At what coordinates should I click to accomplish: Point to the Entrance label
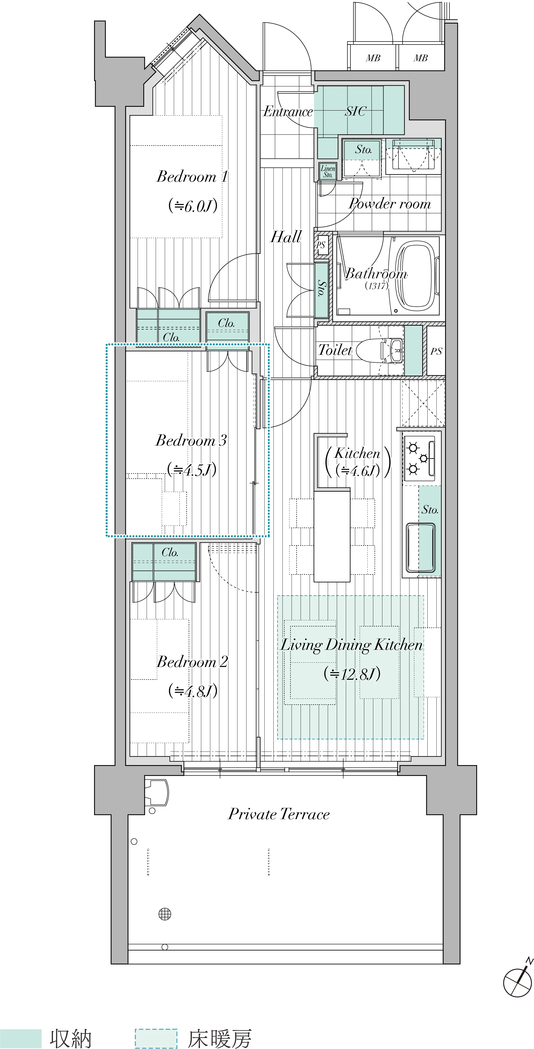click(288, 111)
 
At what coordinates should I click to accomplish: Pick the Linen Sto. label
click(328, 171)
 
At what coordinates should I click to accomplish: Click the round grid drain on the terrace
click(165, 914)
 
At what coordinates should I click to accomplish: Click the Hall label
click(286, 236)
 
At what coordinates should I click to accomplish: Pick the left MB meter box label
click(373, 58)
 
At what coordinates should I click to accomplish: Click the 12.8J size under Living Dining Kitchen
click(352, 674)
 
